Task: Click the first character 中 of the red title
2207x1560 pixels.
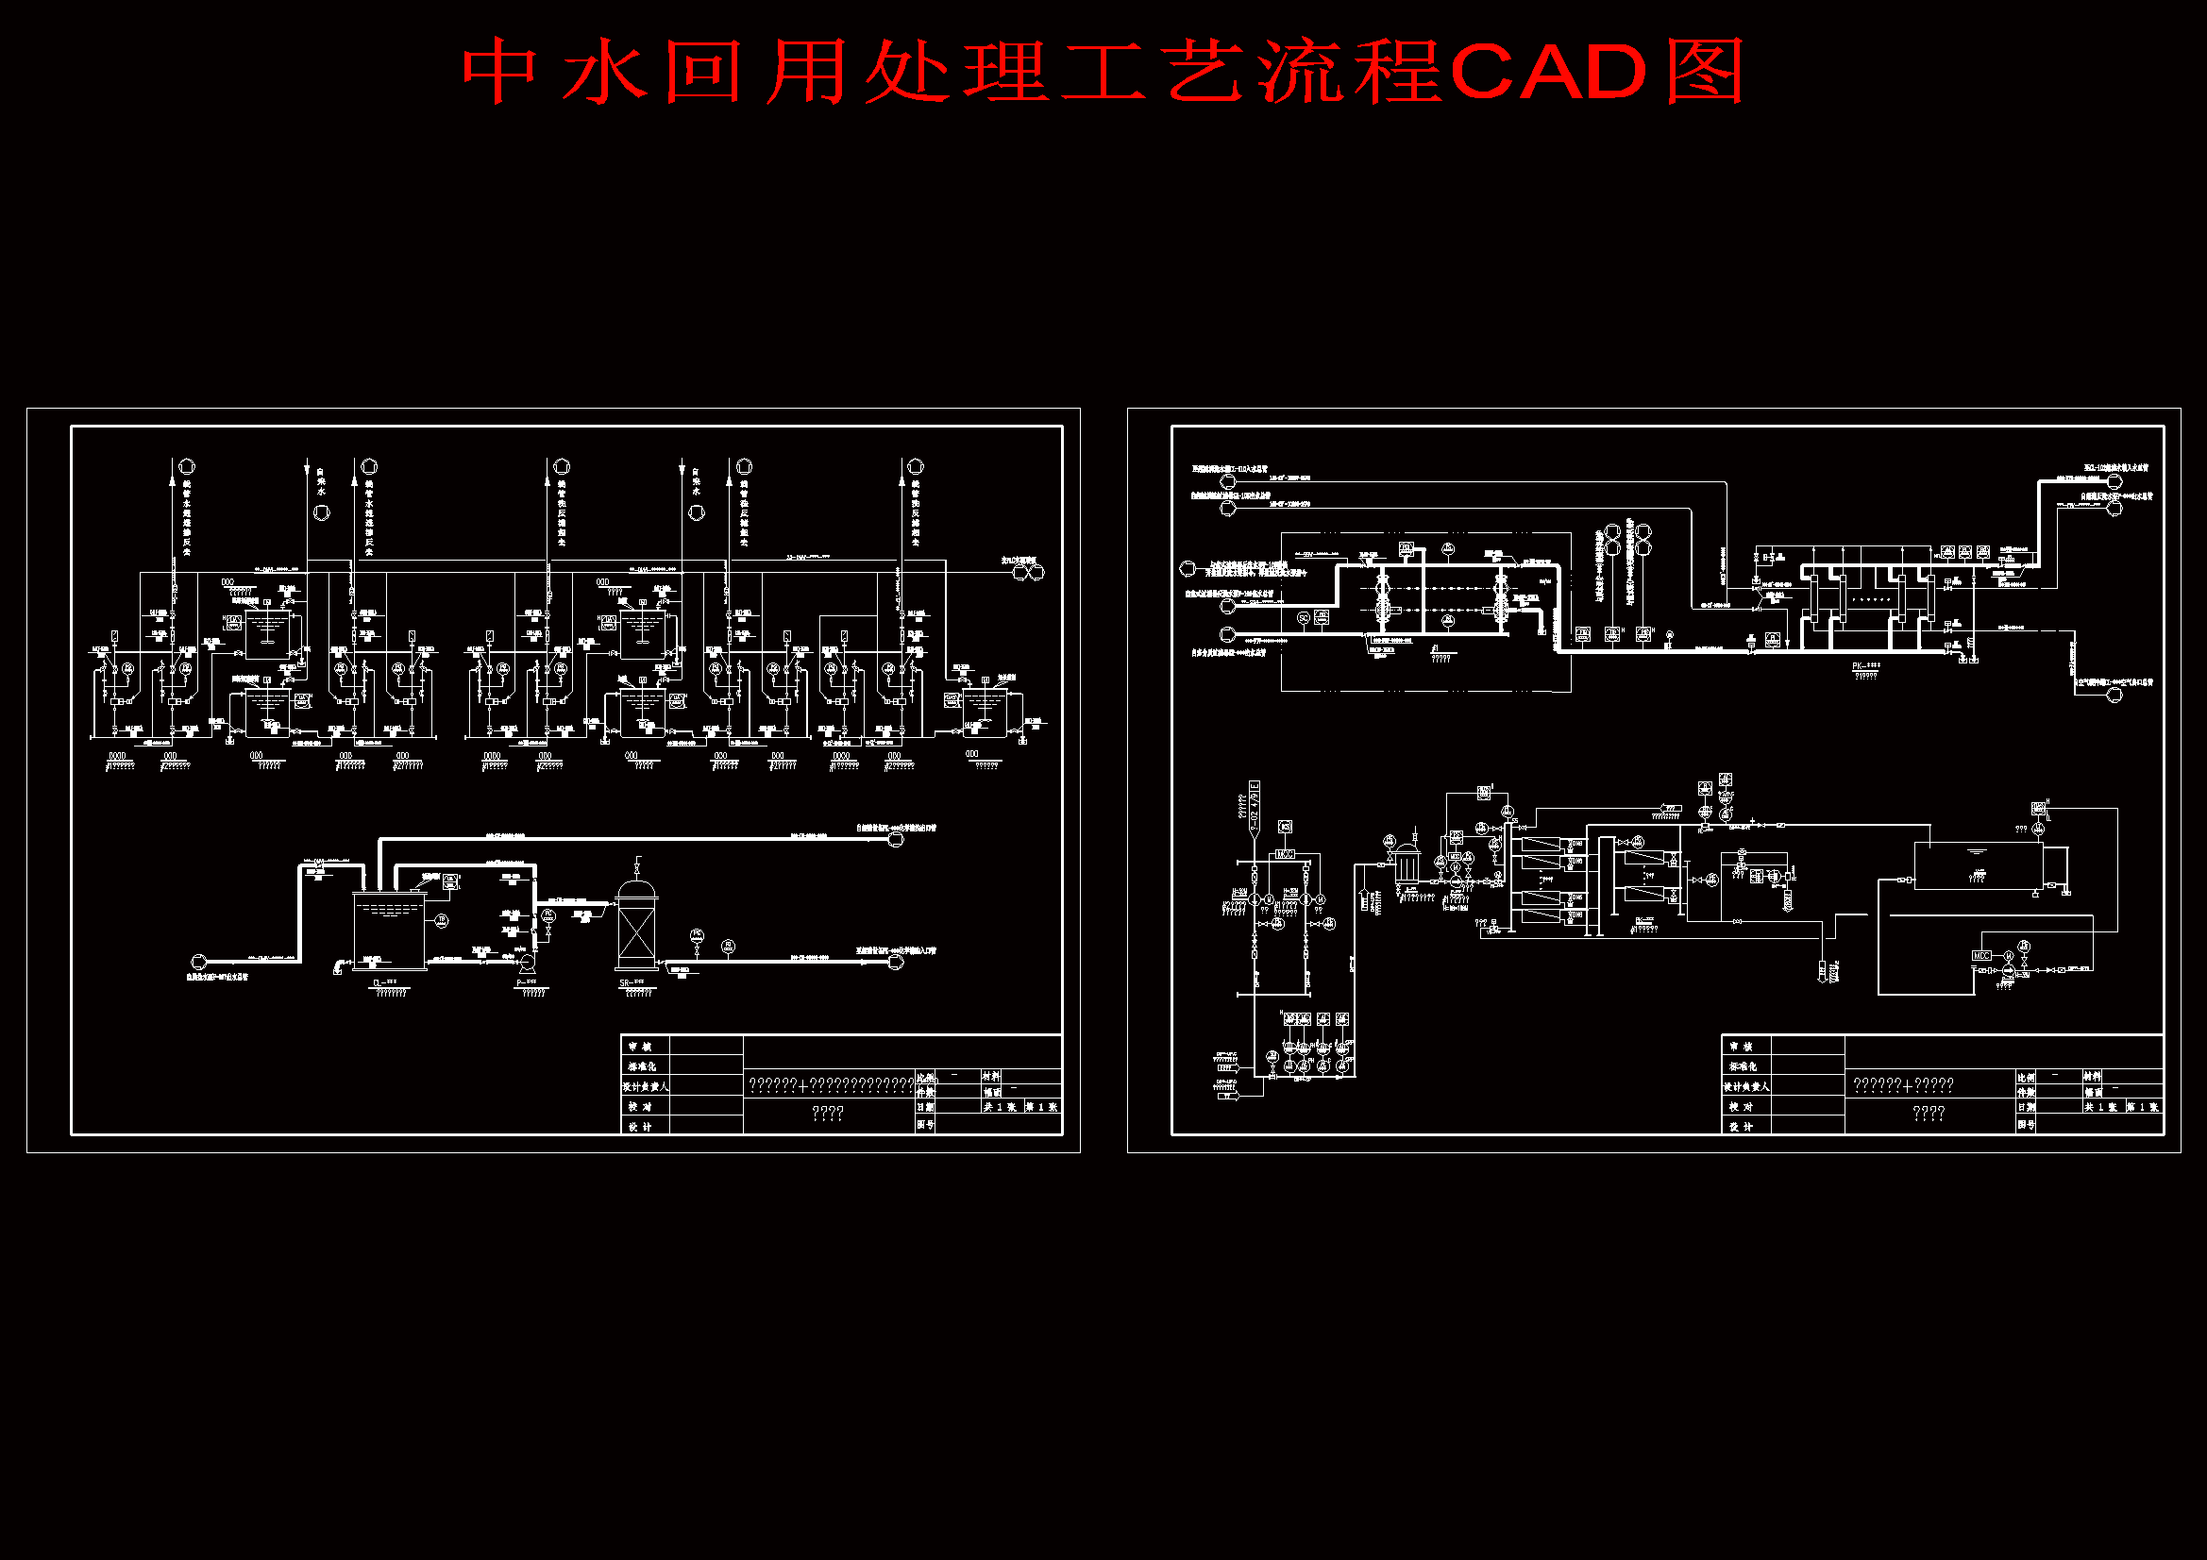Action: click(498, 72)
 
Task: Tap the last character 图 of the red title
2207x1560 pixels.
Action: click(1704, 72)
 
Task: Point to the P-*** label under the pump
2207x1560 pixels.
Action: click(527, 982)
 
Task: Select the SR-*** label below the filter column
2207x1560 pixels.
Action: click(632, 982)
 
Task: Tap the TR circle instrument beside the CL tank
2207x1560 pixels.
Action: click(442, 921)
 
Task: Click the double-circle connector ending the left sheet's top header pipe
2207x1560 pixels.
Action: click(1028, 572)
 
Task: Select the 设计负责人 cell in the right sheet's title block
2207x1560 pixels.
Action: click(1745, 1086)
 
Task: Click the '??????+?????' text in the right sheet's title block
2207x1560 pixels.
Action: click(1902, 1085)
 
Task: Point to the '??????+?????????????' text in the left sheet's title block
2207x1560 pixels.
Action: click(830, 1085)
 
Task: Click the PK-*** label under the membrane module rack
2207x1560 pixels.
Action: click(1866, 665)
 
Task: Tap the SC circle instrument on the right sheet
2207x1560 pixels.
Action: click(1304, 618)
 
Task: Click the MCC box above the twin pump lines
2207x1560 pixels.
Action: click(1284, 853)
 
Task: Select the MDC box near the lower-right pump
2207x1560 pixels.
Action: click(1981, 955)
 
